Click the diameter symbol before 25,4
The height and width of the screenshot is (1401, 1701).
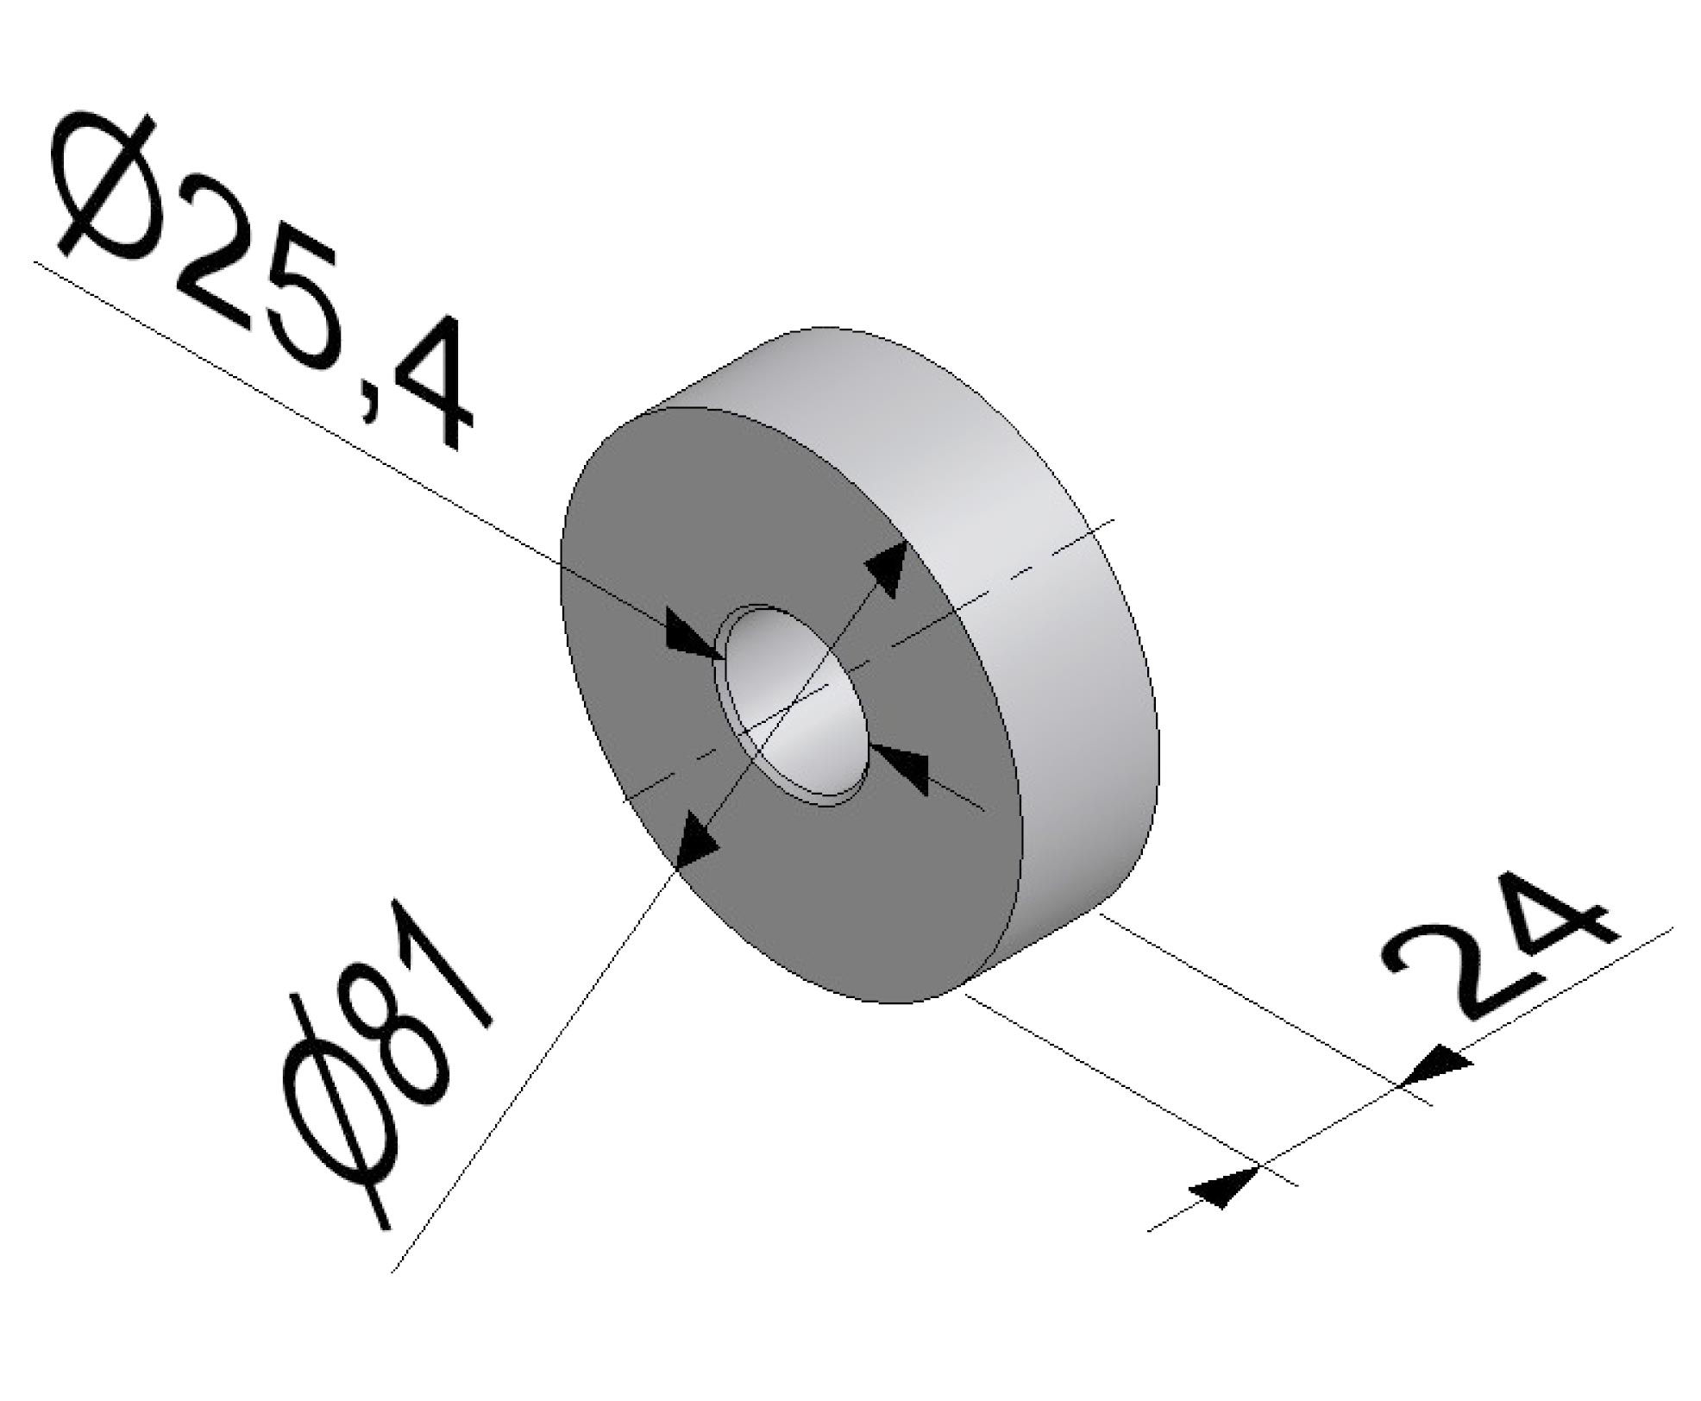(104, 185)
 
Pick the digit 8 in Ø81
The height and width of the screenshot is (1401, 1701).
(399, 1035)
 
